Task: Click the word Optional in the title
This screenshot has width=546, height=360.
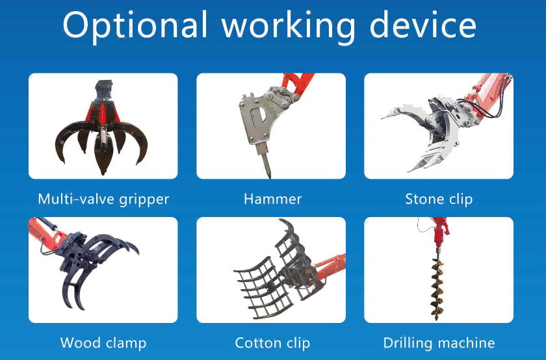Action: pyautogui.click(x=135, y=25)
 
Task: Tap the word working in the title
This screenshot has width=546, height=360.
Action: pyautogui.click(x=289, y=25)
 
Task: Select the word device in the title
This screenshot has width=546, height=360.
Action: pyautogui.click(x=422, y=25)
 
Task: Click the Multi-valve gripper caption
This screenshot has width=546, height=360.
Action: pyautogui.click(x=103, y=199)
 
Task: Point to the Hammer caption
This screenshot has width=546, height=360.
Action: pyautogui.click(x=272, y=199)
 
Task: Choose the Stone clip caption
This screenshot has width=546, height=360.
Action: pyautogui.click(x=439, y=199)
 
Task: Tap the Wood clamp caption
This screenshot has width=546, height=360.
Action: pyautogui.click(x=103, y=343)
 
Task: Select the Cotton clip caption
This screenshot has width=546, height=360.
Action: pyautogui.click(x=272, y=343)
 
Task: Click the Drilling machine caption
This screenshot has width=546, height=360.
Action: pyautogui.click(x=439, y=343)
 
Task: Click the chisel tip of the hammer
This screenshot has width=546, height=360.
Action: pyautogui.click(x=269, y=176)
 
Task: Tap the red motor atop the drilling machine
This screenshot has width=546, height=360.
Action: pyautogui.click(x=439, y=231)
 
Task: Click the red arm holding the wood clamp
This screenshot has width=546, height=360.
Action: pyautogui.click(x=45, y=233)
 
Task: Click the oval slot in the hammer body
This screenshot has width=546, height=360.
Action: pyautogui.click(x=257, y=116)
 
